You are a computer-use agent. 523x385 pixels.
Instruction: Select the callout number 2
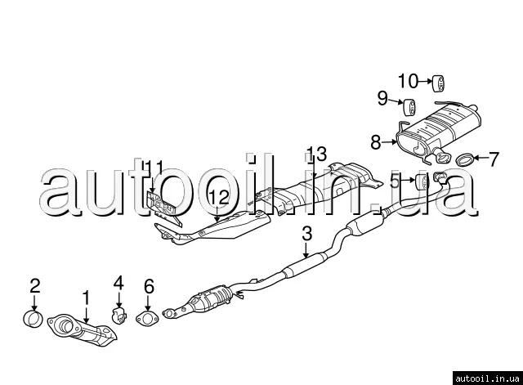(34, 285)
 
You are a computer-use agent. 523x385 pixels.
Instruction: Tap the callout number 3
(306, 234)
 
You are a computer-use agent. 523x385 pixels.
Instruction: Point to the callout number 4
(118, 284)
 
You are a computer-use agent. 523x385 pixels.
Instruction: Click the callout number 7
(493, 159)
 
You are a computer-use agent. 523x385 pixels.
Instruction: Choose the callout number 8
(375, 141)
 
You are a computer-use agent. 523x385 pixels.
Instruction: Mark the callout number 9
(382, 99)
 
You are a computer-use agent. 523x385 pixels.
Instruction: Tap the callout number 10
(408, 80)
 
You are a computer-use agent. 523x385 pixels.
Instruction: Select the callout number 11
(154, 170)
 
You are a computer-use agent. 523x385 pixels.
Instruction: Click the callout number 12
(217, 196)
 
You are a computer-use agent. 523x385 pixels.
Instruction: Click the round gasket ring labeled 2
(33, 317)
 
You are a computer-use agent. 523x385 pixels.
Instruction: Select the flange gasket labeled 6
(147, 319)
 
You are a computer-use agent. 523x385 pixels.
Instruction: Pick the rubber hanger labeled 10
(438, 81)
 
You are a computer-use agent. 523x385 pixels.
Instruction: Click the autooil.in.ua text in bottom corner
(485, 376)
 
